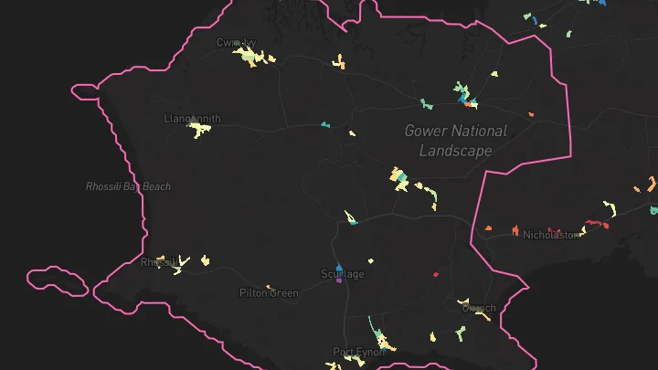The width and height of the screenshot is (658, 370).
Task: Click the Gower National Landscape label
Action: [x=455, y=141]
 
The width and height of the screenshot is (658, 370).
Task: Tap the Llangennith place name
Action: [x=191, y=119]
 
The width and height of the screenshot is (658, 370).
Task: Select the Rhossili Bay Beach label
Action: [x=128, y=186]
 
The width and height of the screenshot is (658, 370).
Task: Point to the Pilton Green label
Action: [x=269, y=293]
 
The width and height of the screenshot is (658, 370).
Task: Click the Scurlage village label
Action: [x=343, y=274]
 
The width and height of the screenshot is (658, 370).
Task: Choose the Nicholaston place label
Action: [x=551, y=235]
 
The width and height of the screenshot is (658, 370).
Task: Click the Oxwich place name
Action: [x=478, y=308]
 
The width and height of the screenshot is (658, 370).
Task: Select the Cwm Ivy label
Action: [x=236, y=42]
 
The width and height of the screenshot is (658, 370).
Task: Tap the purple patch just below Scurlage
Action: [x=339, y=281]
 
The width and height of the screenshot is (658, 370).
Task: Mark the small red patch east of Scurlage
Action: [x=436, y=272]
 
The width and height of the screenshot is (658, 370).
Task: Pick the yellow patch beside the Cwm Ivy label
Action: [x=249, y=58]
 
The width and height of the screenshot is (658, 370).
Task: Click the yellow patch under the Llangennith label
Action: [x=197, y=131]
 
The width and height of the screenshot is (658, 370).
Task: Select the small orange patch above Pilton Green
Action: [x=269, y=287]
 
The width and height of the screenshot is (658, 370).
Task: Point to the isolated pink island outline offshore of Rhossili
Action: [x=58, y=280]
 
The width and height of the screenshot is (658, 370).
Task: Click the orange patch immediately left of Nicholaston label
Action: [x=489, y=227]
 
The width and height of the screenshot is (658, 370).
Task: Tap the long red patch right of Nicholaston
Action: [x=595, y=223]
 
